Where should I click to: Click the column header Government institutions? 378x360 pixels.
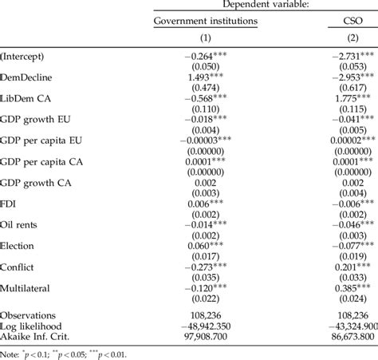point(206,22)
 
